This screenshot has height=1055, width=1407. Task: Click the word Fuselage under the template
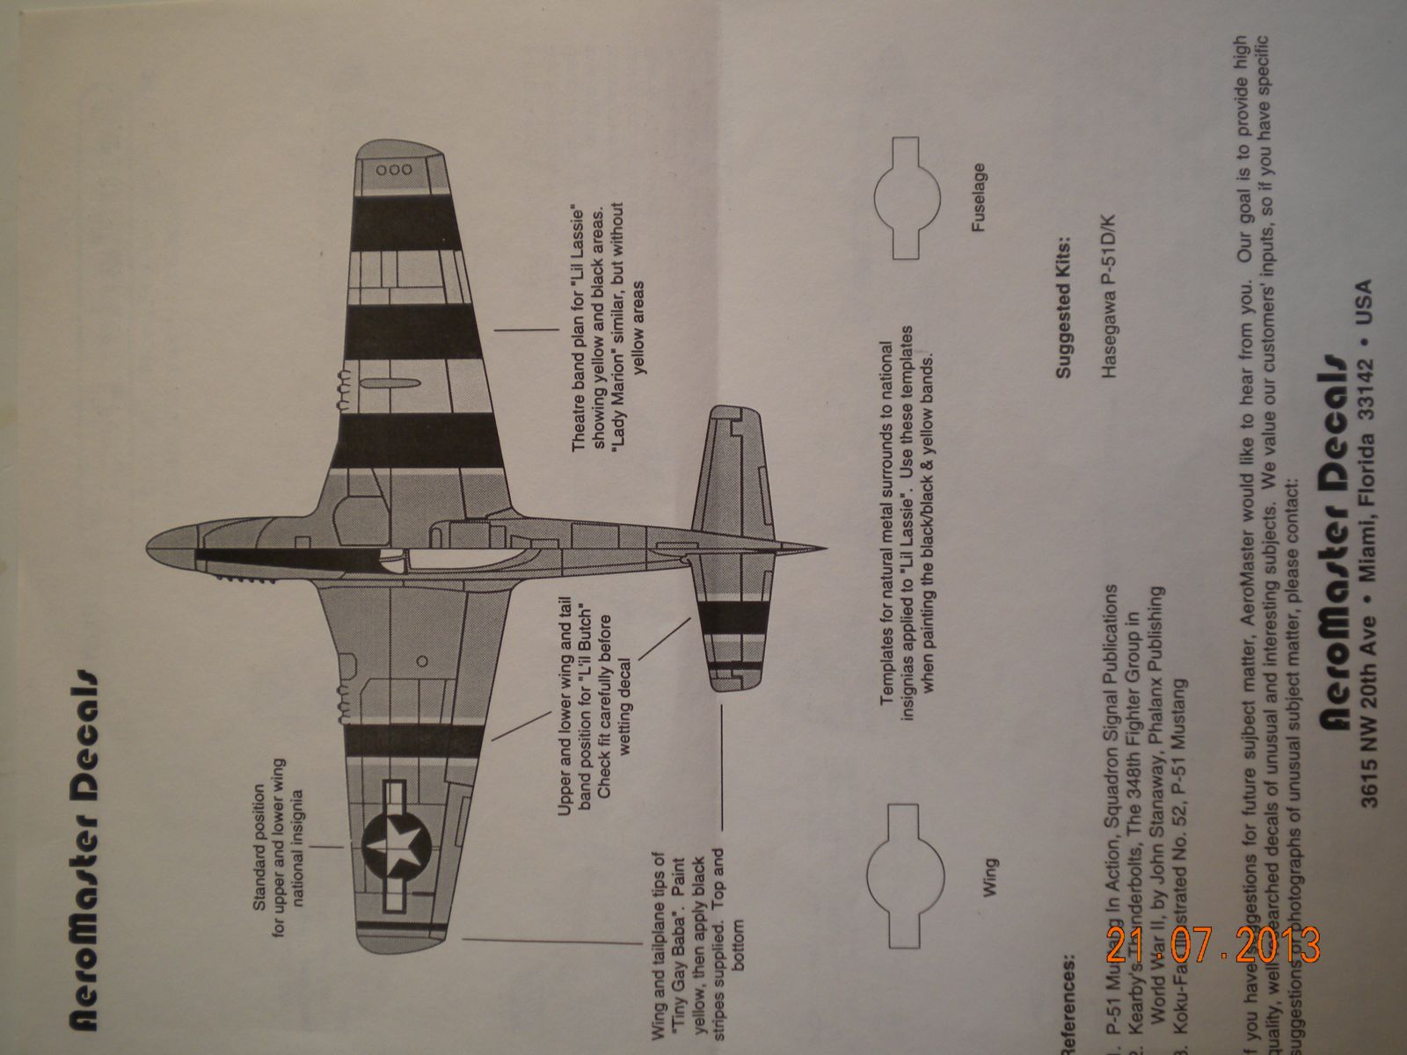coord(980,197)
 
